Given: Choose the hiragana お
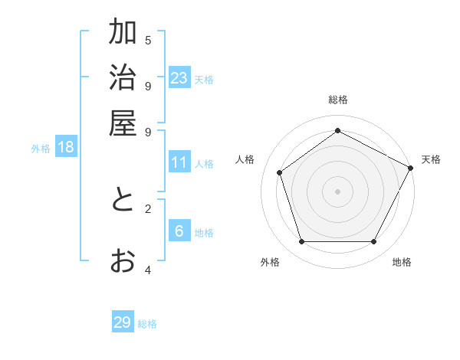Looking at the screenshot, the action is pos(123,261).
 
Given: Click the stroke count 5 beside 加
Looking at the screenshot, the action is pos(148,40).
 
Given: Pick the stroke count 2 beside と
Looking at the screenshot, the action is pos(148,208).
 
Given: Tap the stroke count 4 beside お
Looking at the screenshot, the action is pos(148,270).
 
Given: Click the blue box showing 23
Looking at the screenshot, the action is pos(179,77).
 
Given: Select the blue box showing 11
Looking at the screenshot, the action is pos(179,162).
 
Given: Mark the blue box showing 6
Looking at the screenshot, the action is pos(179,231).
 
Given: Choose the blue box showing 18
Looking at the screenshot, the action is pos(66,147).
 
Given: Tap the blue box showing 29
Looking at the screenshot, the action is pos(123,322).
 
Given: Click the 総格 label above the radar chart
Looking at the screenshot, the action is pos(337,100).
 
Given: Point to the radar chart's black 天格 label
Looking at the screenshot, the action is pos(431,159).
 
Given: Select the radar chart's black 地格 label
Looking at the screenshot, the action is pos(402,262).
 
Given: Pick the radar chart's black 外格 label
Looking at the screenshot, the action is pos(270,262).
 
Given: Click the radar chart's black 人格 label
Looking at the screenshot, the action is pos(245,159).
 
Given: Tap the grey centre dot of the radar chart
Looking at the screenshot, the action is pos(337,191).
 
